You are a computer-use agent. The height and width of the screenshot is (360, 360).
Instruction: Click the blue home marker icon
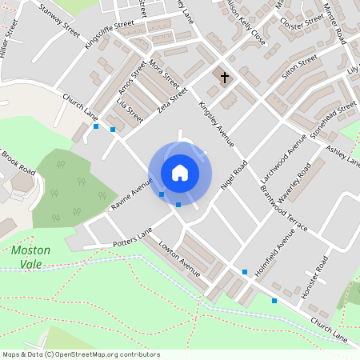(x=180, y=173)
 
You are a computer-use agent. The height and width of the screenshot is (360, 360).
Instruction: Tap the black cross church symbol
(x=225, y=78)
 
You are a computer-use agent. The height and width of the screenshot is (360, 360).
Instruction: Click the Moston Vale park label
(x=31, y=257)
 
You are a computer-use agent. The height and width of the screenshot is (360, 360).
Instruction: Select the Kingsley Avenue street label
(x=216, y=123)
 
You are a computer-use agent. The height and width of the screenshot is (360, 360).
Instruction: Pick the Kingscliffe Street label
(x=109, y=34)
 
